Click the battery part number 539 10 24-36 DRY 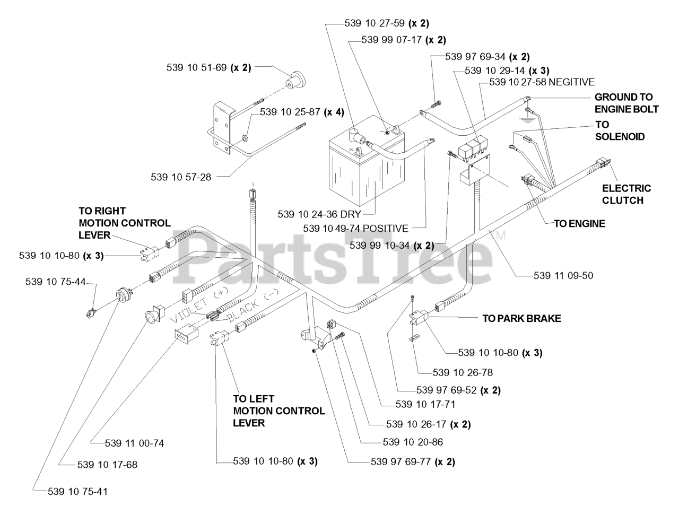pyautogui.click(x=319, y=214)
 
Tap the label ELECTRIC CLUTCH pyautogui.click(x=626, y=194)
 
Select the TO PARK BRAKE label pyautogui.click(x=521, y=318)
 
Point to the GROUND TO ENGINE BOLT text pyautogui.click(x=626, y=103)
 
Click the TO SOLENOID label pyautogui.click(x=620, y=130)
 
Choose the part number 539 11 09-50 pyautogui.click(x=563, y=275)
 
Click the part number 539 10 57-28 pyautogui.click(x=181, y=177)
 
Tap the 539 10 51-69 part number pyautogui.click(x=197, y=67)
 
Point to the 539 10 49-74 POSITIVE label pyautogui.click(x=356, y=228)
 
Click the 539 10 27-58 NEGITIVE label pyautogui.click(x=542, y=82)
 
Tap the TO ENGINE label pyautogui.click(x=579, y=224)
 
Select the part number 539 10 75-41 pyautogui.click(x=77, y=492)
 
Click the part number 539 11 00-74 pyautogui.click(x=135, y=443)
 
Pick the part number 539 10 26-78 pyautogui.click(x=463, y=372)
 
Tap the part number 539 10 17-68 pyautogui.click(x=107, y=464)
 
